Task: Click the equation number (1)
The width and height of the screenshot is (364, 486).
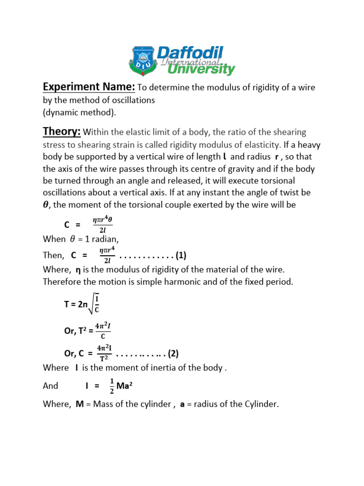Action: click(181, 256)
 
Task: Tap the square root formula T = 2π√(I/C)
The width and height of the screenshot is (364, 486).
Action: click(82, 304)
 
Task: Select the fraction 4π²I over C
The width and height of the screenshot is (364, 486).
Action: click(103, 330)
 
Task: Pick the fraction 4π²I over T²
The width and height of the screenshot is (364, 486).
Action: click(104, 354)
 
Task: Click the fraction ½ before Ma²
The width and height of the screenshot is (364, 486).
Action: click(112, 385)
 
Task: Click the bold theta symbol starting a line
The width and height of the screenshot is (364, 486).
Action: click(46, 206)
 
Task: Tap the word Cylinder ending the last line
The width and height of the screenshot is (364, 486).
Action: click(261, 404)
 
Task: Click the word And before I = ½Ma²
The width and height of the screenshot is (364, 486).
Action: click(50, 386)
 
